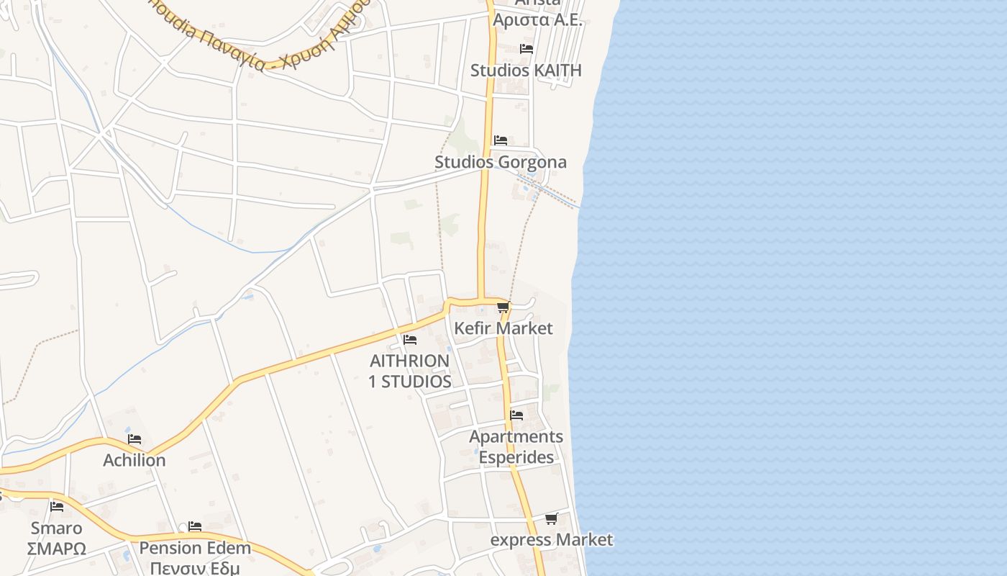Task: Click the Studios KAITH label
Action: (x=526, y=71)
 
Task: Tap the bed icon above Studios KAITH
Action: (x=527, y=49)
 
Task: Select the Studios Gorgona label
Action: (x=501, y=162)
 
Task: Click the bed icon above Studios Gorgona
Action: (x=500, y=140)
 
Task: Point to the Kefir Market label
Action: (x=503, y=328)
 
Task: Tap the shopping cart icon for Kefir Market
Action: (x=503, y=307)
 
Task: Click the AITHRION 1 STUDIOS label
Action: (x=410, y=371)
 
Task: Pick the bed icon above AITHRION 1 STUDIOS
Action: (x=410, y=339)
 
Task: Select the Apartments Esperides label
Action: (x=516, y=446)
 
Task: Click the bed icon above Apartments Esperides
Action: (x=516, y=415)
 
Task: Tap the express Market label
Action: (x=552, y=540)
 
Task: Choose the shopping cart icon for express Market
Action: (x=551, y=518)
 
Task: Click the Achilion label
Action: (x=135, y=460)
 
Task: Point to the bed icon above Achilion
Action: (x=135, y=439)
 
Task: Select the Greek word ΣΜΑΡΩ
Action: (x=56, y=549)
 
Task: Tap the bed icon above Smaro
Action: (x=57, y=507)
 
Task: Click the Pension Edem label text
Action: (x=195, y=548)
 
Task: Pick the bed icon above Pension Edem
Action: (x=195, y=526)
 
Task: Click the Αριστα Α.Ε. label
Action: (x=537, y=19)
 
